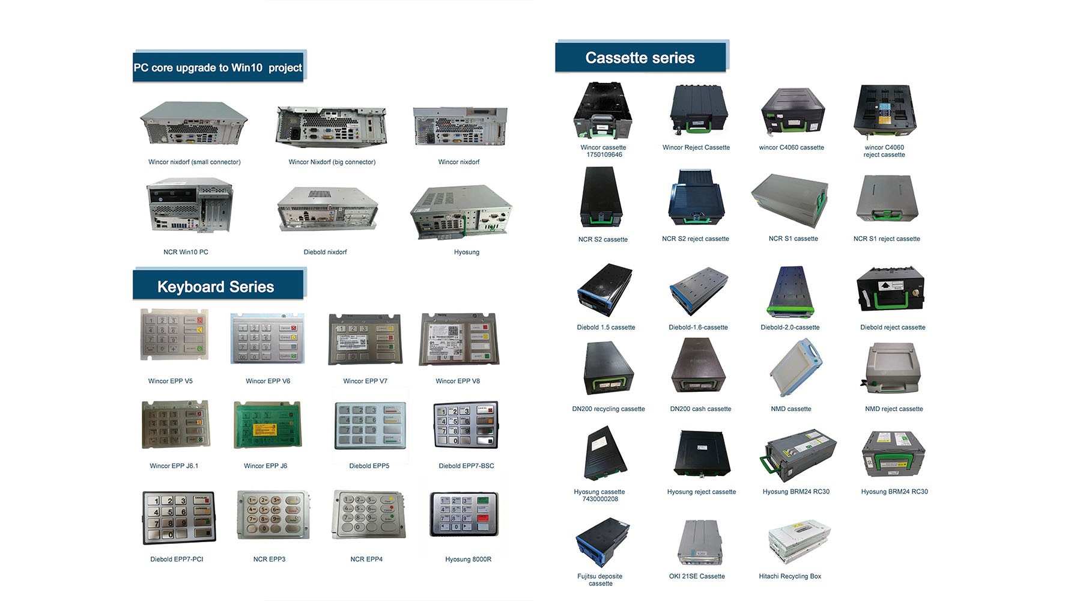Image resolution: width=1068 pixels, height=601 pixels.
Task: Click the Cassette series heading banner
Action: (x=640, y=58)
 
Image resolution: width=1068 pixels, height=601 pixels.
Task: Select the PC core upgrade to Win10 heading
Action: (x=217, y=67)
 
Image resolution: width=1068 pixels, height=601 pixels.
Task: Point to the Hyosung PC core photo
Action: (x=461, y=211)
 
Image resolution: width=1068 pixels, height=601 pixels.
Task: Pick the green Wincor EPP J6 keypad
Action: (x=267, y=426)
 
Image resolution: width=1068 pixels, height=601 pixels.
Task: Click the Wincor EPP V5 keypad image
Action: (x=174, y=335)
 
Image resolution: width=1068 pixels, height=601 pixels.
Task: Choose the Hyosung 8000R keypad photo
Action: (x=464, y=514)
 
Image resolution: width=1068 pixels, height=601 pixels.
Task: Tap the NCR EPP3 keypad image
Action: (x=273, y=514)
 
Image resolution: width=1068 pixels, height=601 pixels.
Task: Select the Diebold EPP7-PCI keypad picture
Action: (x=178, y=517)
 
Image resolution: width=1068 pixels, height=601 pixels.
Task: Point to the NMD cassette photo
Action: (x=794, y=368)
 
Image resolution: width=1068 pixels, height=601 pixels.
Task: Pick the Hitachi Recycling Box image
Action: (x=799, y=542)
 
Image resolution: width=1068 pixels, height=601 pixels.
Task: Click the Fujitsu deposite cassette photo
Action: (x=602, y=542)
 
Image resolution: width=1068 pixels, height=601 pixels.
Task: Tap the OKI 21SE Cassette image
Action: (x=699, y=542)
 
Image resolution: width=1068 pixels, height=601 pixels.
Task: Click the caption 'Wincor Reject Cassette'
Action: (x=696, y=147)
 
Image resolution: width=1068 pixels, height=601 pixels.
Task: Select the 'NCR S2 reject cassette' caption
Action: (x=696, y=239)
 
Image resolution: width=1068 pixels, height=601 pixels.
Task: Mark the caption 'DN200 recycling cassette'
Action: (x=608, y=409)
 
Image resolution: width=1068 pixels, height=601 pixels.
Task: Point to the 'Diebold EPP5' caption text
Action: (x=369, y=466)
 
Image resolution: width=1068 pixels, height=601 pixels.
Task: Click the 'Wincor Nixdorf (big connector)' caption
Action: (x=332, y=162)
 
